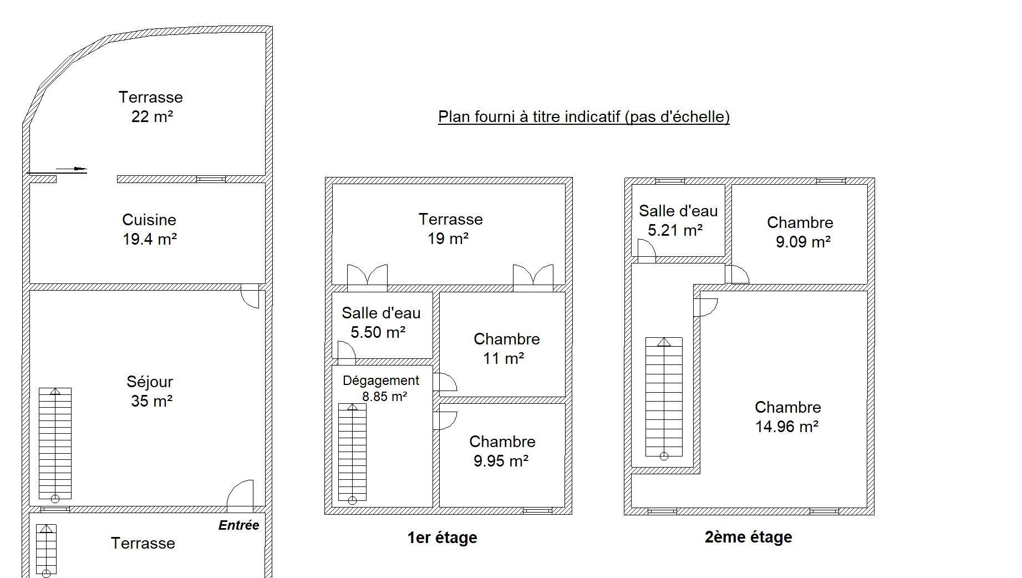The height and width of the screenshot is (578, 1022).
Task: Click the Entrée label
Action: pyautogui.click(x=238, y=525)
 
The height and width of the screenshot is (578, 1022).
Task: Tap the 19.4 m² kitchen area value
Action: pyautogui.click(x=150, y=239)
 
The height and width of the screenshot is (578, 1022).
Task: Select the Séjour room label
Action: pyautogui.click(x=150, y=382)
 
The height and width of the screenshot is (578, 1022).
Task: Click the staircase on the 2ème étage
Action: pyautogui.click(x=664, y=398)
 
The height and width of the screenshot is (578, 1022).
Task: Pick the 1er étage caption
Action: pyautogui.click(x=442, y=538)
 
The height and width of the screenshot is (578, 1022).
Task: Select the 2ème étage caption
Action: pyautogui.click(x=748, y=537)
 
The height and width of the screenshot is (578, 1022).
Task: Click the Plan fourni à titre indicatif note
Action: pyautogui.click(x=584, y=116)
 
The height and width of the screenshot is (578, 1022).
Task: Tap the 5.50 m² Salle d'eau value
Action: pyautogui.click(x=378, y=332)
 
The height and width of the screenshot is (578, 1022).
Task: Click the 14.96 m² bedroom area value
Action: pyautogui.click(x=787, y=427)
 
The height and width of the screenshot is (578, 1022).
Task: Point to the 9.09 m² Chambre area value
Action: pyautogui.click(x=803, y=242)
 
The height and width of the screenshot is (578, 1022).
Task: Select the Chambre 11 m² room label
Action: pyautogui.click(x=506, y=348)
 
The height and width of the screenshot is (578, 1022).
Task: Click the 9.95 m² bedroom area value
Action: pyautogui.click(x=501, y=461)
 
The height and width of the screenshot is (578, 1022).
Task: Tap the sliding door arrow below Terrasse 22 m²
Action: pyautogui.click(x=72, y=169)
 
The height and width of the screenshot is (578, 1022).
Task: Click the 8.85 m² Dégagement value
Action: pyautogui.click(x=385, y=397)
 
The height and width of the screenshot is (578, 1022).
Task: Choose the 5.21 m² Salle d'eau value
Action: pyautogui.click(x=675, y=230)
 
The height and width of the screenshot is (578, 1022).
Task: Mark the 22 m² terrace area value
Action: pyautogui.click(x=152, y=116)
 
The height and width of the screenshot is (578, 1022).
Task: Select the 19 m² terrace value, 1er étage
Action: pyautogui.click(x=448, y=239)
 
